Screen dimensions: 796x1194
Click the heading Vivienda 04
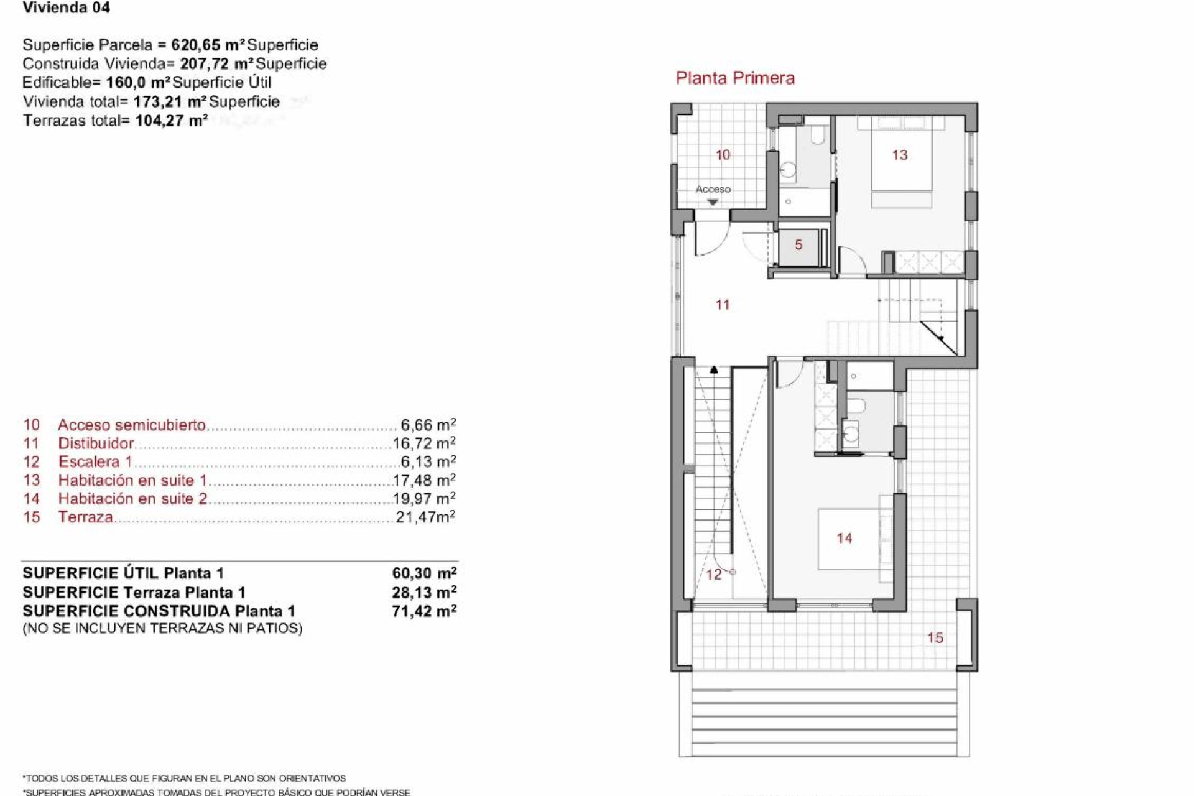click(x=67, y=8)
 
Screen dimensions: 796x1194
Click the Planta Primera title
click(x=735, y=78)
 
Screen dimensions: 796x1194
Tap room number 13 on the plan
click(x=899, y=155)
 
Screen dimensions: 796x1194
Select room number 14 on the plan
click(x=844, y=538)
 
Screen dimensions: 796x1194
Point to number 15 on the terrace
click(x=935, y=637)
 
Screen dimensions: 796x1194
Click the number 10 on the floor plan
click(x=723, y=155)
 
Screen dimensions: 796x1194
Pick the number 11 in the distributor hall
click(x=722, y=305)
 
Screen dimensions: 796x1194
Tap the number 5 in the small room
click(x=798, y=245)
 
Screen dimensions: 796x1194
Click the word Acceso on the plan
click(x=713, y=189)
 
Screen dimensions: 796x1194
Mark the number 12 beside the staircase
click(x=714, y=574)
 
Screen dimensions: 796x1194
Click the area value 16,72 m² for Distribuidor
click(x=424, y=443)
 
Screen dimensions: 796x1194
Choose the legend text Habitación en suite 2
click(x=132, y=499)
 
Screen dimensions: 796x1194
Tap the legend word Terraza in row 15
click(x=86, y=517)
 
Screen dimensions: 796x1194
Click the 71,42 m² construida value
click(x=424, y=611)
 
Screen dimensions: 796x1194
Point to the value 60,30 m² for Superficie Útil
click(x=424, y=573)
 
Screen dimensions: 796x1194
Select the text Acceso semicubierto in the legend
click(x=131, y=425)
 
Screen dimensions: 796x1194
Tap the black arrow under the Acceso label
click(x=713, y=202)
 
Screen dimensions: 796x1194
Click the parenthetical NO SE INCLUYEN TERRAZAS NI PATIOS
click(x=162, y=629)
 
